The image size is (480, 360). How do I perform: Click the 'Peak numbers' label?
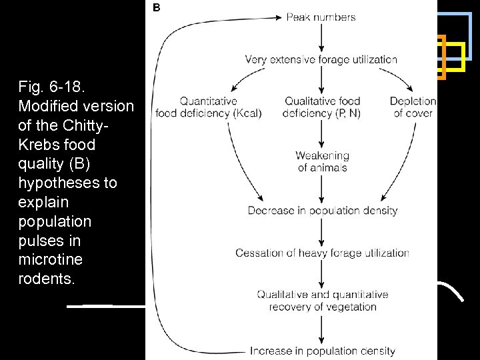[x=321, y=17]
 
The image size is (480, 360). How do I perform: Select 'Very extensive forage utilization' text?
[x=321, y=59]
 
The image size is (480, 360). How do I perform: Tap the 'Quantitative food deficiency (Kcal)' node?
[x=208, y=107]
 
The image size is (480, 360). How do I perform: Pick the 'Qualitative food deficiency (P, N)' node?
[x=321, y=107]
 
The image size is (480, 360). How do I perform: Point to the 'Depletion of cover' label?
[x=413, y=107]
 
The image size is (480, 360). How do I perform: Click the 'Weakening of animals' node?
[x=322, y=161]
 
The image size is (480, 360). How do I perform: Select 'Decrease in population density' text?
[x=322, y=211]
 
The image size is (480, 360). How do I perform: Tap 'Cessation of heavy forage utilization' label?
[x=322, y=253]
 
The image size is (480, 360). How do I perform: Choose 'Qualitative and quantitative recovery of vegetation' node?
[x=323, y=301]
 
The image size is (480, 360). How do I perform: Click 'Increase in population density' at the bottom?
[x=323, y=351]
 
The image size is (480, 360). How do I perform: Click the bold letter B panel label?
[x=157, y=8]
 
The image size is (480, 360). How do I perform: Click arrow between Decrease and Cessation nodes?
[x=322, y=232]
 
